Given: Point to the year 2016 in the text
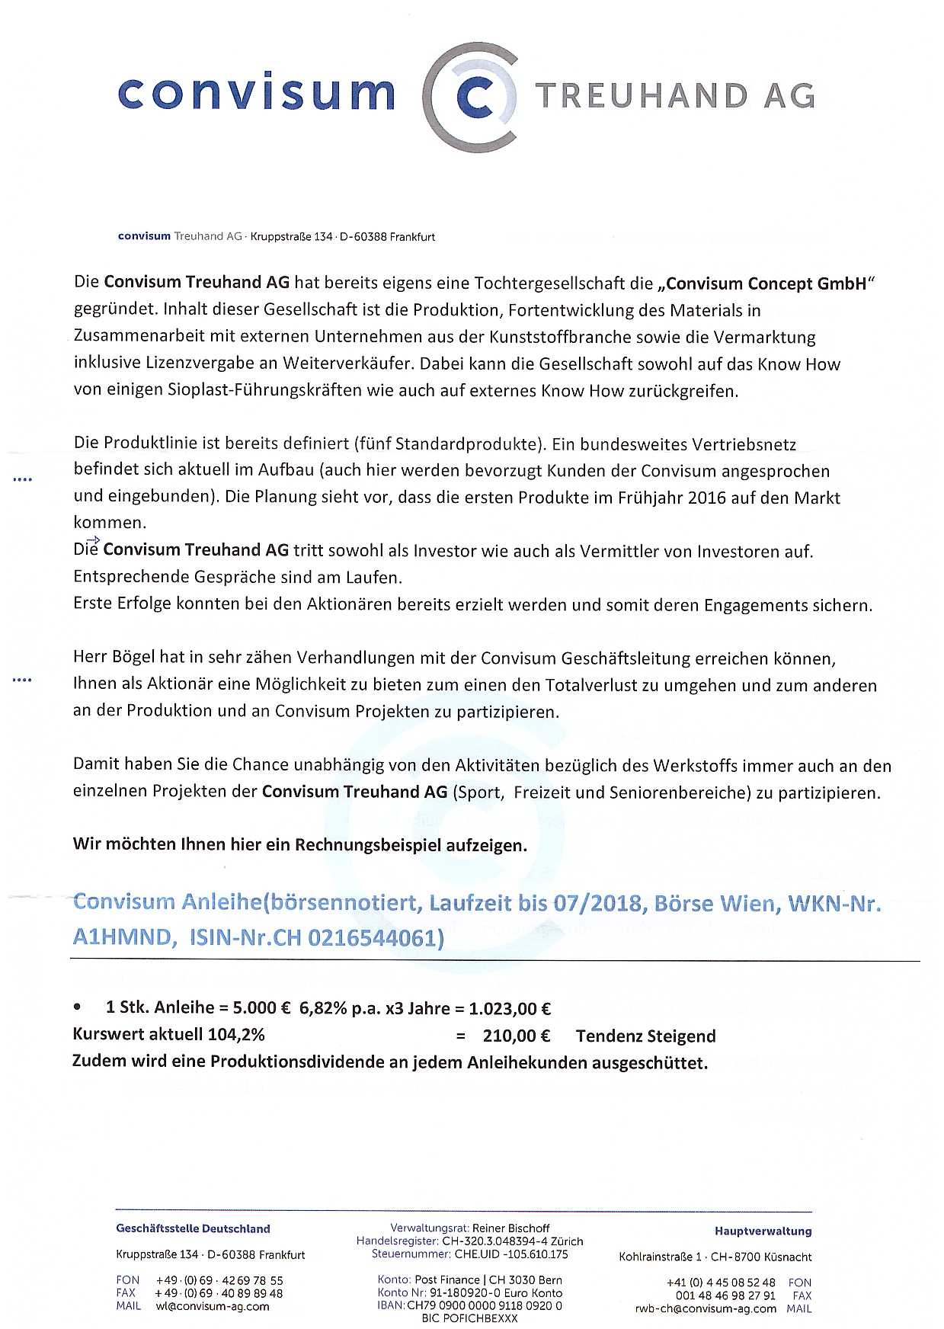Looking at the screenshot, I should [x=706, y=498].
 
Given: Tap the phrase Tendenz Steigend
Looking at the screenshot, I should [x=645, y=1036].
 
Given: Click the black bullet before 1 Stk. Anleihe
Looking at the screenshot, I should [x=77, y=1007].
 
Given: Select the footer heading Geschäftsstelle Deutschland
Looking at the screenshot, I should [x=193, y=1228].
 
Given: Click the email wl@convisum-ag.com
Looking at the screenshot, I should [x=213, y=1306].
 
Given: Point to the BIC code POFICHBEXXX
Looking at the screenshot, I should [x=469, y=1318].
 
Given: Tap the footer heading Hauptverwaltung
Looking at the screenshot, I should [x=763, y=1231].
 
